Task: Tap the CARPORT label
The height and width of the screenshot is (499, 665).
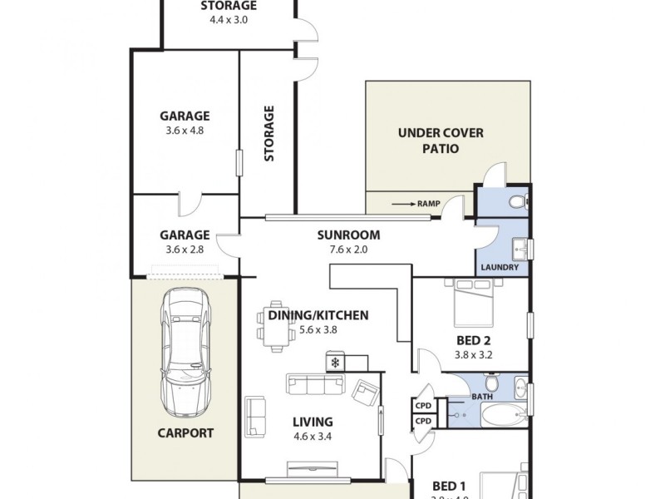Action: point(185,432)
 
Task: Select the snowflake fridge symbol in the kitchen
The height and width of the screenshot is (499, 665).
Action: point(335,363)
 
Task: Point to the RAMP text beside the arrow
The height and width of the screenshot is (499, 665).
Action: point(428,202)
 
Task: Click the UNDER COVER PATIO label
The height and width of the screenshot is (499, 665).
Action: point(441,141)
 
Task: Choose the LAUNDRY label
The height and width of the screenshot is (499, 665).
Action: point(500,268)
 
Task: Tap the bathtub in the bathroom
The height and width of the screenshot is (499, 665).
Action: point(502,416)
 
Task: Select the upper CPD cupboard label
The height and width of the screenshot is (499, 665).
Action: point(423,405)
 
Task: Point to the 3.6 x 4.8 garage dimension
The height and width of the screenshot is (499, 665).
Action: point(185,131)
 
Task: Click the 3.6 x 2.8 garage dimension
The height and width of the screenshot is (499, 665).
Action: point(185,249)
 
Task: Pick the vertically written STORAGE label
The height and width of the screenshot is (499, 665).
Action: point(268,133)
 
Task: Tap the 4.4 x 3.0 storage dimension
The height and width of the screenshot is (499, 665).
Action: point(229,19)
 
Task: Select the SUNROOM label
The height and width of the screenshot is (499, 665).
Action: point(348,235)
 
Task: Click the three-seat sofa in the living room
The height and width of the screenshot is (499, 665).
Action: point(316,383)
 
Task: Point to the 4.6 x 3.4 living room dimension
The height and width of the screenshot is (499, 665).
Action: point(313,436)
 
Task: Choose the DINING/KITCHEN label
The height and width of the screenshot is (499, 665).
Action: point(318,315)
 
